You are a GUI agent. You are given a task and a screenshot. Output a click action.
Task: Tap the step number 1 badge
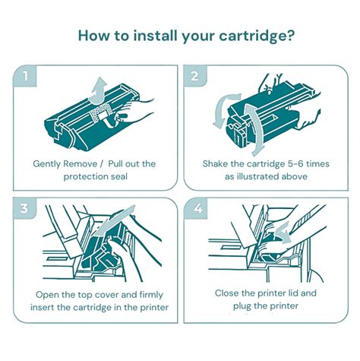tap(27, 77)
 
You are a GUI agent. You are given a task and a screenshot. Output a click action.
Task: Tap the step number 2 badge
tap(196, 77)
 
